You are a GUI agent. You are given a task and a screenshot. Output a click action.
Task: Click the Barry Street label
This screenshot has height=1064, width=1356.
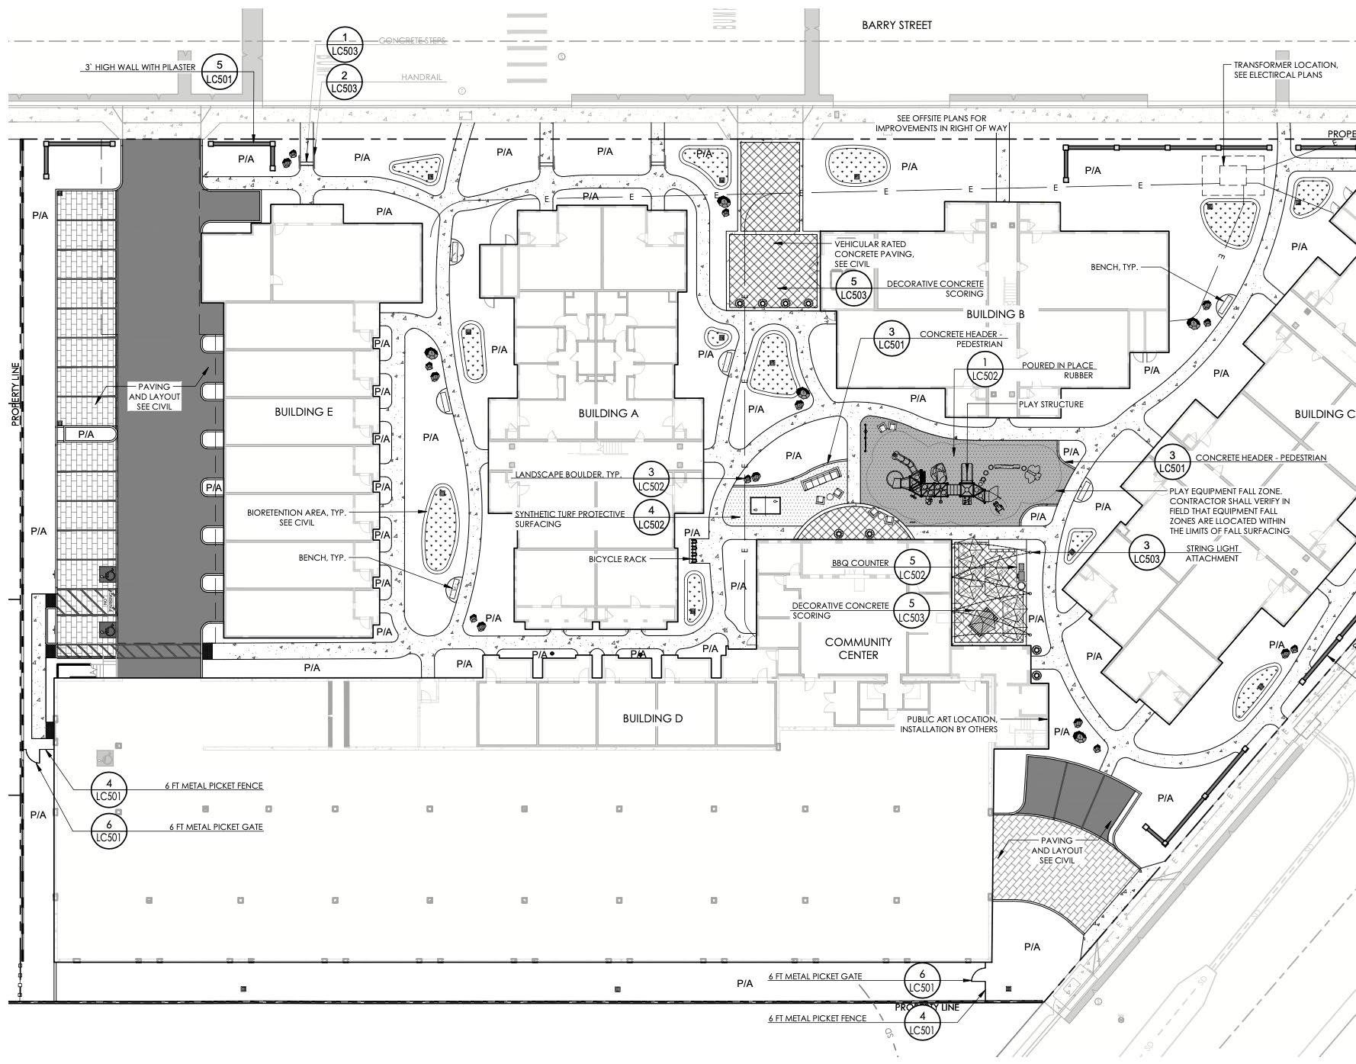click(x=896, y=25)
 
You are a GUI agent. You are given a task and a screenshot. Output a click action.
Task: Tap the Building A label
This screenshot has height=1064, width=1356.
click(x=608, y=413)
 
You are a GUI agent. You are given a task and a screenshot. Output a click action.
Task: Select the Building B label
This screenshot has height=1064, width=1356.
click(x=995, y=314)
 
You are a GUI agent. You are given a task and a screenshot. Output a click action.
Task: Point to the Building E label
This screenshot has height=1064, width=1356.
click(x=304, y=412)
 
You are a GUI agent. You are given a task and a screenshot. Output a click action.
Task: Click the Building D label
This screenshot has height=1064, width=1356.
click(x=652, y=718)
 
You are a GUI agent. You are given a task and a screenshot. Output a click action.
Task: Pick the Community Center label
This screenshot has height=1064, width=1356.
click(x=858, y=648)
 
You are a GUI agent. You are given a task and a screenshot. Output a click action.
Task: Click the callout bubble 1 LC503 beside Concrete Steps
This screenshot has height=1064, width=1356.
click(x=345, y=43)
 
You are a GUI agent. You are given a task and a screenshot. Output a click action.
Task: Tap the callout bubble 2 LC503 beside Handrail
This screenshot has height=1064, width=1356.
click(x=345, y=82)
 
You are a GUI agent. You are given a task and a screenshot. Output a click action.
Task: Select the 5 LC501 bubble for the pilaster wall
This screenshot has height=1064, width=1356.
click(x=220, y=72)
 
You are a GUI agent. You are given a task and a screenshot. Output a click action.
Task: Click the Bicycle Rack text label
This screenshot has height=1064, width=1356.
click(x=617, y=559)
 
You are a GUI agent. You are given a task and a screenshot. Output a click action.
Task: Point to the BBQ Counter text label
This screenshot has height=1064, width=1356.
click(x=860, y=563)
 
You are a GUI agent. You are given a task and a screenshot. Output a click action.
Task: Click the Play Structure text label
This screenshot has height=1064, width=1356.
click(x=1051, y=404)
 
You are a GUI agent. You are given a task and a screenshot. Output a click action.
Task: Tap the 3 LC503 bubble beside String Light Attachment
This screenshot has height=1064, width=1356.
click(x=1146, y=552)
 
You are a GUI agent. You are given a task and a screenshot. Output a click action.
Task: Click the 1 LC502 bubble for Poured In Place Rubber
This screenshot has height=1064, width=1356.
click(x=985, y=369)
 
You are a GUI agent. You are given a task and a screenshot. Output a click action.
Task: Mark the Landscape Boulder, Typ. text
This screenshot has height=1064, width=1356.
click(x=568, y=474)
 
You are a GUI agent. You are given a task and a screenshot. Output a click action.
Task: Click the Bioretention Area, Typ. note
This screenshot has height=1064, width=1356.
click(x=297, y=517)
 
